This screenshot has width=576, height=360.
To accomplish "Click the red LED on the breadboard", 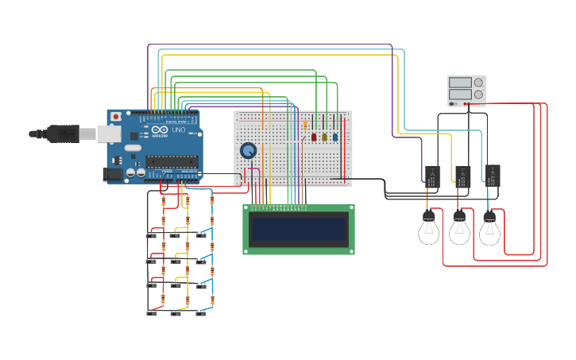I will click(314, 137).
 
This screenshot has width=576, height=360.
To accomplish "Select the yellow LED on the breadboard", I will click(324, 137).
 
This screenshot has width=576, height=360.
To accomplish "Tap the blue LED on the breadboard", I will click(334, 137).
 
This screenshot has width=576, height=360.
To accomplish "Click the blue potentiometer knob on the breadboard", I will click(249, 150).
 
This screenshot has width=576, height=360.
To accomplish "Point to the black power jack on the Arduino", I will click(113, 173).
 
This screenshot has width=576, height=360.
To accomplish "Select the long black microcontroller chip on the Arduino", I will click(171, 161).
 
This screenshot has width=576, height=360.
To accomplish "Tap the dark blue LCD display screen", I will click(298, 230).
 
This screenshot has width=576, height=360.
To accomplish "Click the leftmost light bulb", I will click(429, 230).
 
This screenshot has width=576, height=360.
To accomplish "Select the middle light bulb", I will click(459, 230).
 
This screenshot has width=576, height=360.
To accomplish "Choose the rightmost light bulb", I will click(489, 230).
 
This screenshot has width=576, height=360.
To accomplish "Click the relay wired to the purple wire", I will click(432, 176).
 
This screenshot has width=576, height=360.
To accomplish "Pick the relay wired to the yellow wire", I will click(462, 176).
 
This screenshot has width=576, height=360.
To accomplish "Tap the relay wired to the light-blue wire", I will click(492, 174).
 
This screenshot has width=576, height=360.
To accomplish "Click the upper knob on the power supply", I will click(478, 82).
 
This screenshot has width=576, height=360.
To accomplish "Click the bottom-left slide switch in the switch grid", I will click(152, 312).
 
